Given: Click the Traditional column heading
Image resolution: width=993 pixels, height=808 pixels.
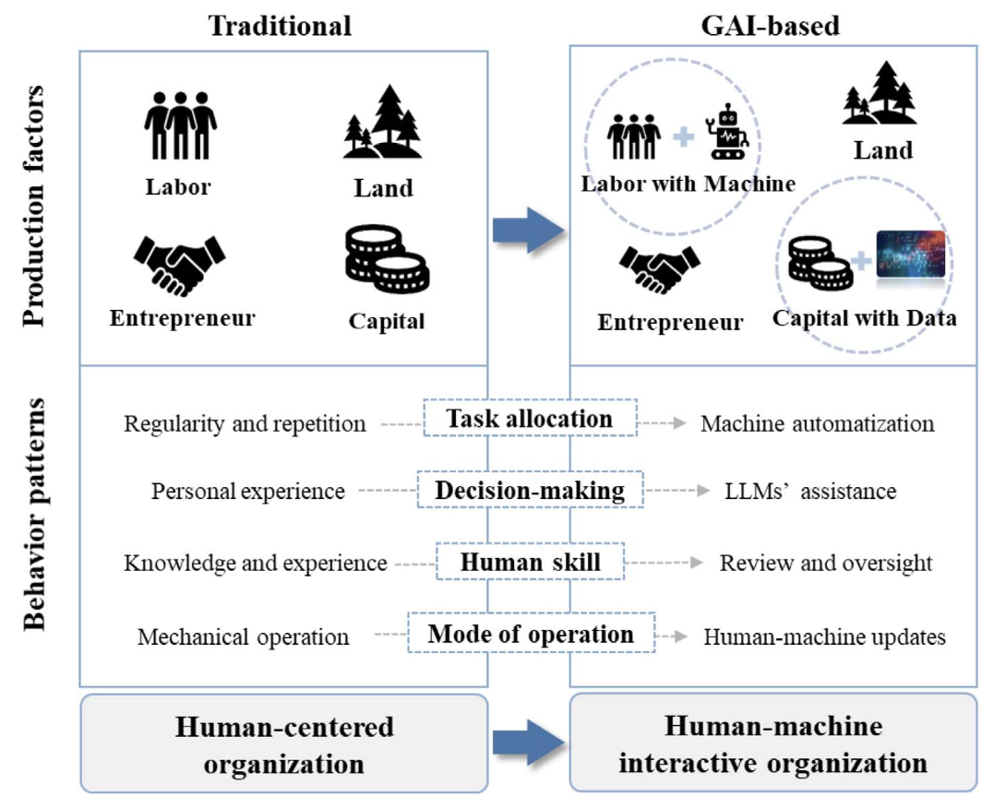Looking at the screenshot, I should (x=280, y=25).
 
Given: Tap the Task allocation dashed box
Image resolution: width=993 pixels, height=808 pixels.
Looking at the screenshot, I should (x=529, y=420).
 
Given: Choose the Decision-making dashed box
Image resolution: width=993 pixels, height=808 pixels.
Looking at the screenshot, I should (x=529, y=491).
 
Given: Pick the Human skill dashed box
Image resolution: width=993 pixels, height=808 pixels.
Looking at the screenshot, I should (x=531, y=562).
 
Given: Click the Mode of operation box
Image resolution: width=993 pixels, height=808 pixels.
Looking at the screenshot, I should (x=531, y=635).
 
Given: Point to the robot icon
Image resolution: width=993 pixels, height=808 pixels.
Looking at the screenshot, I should (x=730, y=133).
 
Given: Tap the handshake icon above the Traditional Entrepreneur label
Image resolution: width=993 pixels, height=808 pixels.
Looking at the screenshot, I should (x=180, y=262).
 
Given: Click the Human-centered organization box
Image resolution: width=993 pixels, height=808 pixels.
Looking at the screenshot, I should (x=284, y=743).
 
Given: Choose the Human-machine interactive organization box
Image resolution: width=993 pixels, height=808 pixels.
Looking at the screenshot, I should (x=773, y=743).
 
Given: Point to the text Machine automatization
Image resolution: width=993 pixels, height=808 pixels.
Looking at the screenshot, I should (x=818, y=424).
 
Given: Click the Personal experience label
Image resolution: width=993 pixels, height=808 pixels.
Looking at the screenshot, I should (x=247, y=492).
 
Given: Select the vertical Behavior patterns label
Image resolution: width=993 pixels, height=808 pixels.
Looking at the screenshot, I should (x=35, y=514).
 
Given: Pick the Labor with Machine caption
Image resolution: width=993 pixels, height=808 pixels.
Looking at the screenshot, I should (x=688, y=184).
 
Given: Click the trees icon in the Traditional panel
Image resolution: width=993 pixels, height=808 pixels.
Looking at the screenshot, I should (x=382, y=122).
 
